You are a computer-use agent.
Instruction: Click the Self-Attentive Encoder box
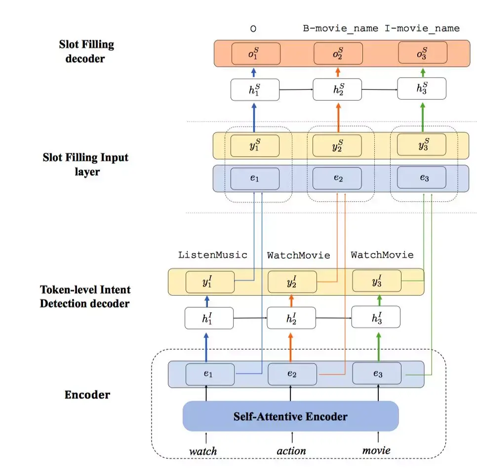(x=290, y=416)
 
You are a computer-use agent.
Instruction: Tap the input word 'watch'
(x=203, y=450)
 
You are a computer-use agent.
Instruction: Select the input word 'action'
(x=291, y=450)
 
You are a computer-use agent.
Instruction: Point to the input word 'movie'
(x=376, y=450)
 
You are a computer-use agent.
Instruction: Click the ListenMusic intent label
(x=212, y=255)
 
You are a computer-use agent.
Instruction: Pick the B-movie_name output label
(x=341, y=29)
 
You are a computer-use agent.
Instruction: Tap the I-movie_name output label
(x=422, y=29)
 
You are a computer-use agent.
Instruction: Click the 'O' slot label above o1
(x=253, y=29)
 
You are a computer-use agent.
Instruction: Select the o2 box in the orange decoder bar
(x=338, y=53)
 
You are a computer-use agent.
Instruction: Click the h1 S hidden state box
(x=255, y=90)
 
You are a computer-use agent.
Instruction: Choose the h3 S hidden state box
(x=422, y=89)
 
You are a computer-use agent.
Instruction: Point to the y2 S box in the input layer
(x=338, y=146)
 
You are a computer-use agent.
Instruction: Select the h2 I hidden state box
(x=291, y=317)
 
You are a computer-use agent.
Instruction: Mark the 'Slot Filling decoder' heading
(x=86, y=51)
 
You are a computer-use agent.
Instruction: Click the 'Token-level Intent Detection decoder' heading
(x=85, y=296)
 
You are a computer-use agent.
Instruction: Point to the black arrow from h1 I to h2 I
(x=250, y=318)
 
